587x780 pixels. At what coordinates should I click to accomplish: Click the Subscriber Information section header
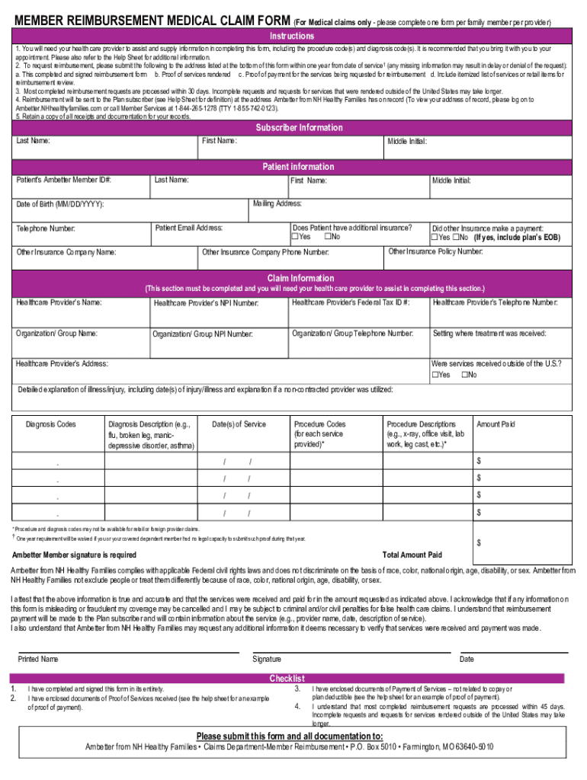299,128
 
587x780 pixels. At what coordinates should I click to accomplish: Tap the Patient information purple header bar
298,167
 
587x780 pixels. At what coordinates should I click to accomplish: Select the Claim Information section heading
300,279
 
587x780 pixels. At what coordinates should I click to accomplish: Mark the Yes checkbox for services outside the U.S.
435,375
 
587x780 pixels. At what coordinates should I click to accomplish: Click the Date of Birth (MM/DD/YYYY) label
60,205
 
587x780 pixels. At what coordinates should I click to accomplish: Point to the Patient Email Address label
188,228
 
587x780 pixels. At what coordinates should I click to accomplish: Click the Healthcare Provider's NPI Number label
206,304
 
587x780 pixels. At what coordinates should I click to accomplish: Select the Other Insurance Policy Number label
435,251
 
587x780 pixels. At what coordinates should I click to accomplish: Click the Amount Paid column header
496,424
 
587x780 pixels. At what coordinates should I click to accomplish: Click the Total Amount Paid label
412,555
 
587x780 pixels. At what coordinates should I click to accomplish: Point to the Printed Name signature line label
38,659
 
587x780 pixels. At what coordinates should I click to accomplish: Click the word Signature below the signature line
267,659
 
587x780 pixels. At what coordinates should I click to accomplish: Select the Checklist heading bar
287,679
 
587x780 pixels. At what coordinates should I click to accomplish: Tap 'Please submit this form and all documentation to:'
290,736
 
